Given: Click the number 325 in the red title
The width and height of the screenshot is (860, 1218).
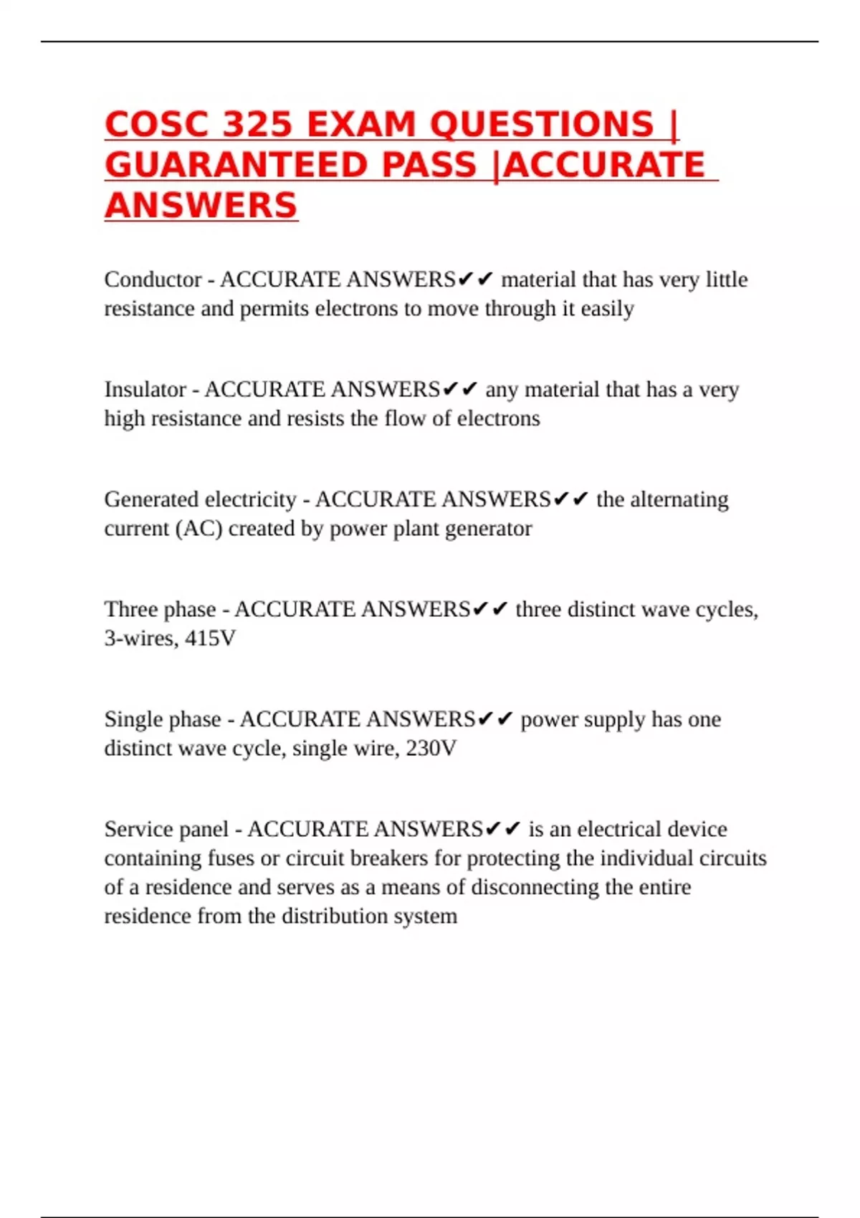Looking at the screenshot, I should click(257, 124).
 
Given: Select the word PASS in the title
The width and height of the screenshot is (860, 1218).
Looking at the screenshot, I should click(429, 165).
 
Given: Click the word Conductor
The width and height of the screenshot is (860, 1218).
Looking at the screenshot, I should click(153, 279).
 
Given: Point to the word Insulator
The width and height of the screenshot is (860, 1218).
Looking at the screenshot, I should click(145, 389).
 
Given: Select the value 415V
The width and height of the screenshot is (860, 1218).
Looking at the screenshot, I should click(210, 638).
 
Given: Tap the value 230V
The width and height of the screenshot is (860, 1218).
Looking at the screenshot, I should click(431, 748).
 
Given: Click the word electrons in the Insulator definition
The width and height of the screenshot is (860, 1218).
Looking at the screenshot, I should click(498, 418).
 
